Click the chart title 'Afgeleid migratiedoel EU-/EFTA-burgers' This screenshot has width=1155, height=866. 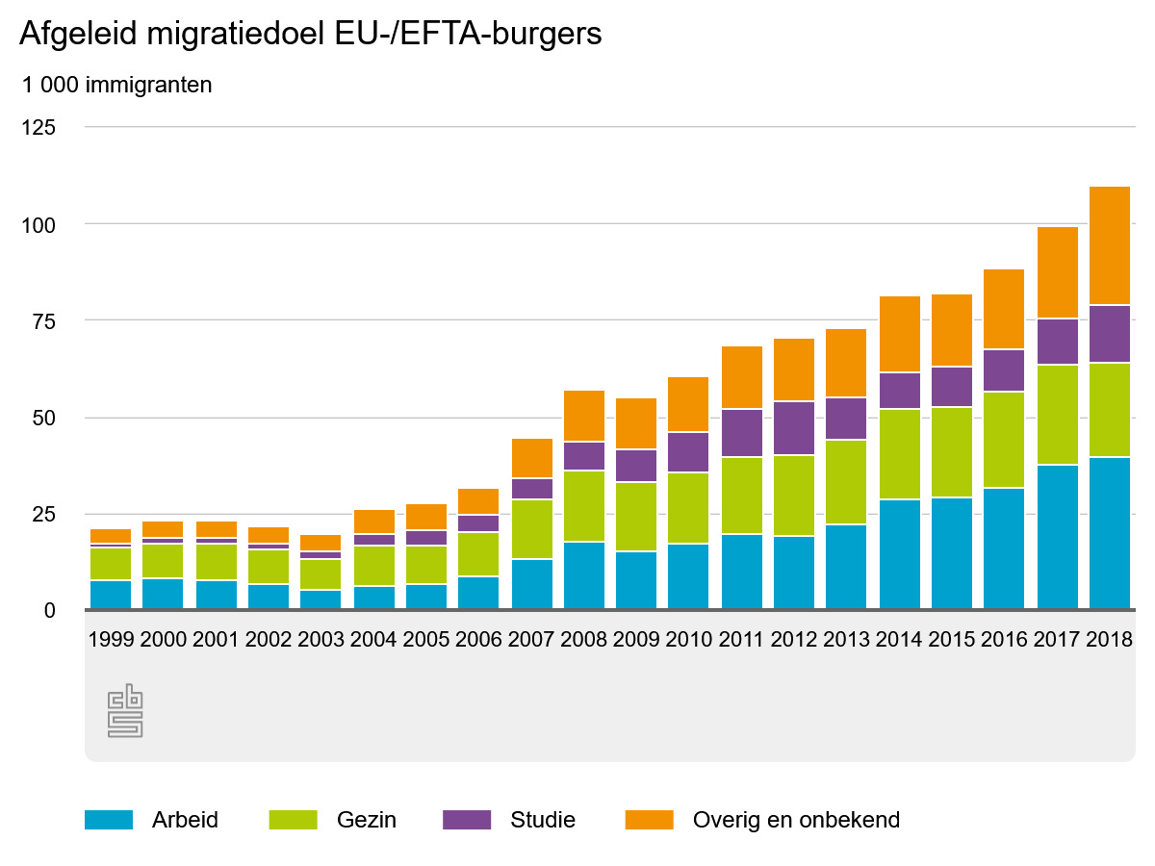point(310,35)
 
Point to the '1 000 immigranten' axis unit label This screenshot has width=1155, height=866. point(116,86)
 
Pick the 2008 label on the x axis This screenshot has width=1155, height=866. point(584,640)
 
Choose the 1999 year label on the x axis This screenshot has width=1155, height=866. point(110,640)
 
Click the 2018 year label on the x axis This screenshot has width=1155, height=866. point(1108,640)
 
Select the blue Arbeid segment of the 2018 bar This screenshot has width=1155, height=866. point(1109,533)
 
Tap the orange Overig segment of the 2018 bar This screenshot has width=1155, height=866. point(1109,245)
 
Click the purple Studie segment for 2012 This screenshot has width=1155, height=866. point(794,428)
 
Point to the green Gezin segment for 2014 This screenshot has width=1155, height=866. point(899,454)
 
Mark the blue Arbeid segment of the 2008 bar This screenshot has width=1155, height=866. point(584,575)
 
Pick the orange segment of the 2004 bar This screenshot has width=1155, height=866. point(373,522)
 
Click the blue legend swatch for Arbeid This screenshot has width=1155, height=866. point(109,820)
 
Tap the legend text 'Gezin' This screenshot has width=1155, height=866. point(366,820)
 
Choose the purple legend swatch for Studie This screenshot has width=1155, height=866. point(467,820)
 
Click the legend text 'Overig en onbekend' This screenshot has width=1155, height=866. point(796,820)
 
